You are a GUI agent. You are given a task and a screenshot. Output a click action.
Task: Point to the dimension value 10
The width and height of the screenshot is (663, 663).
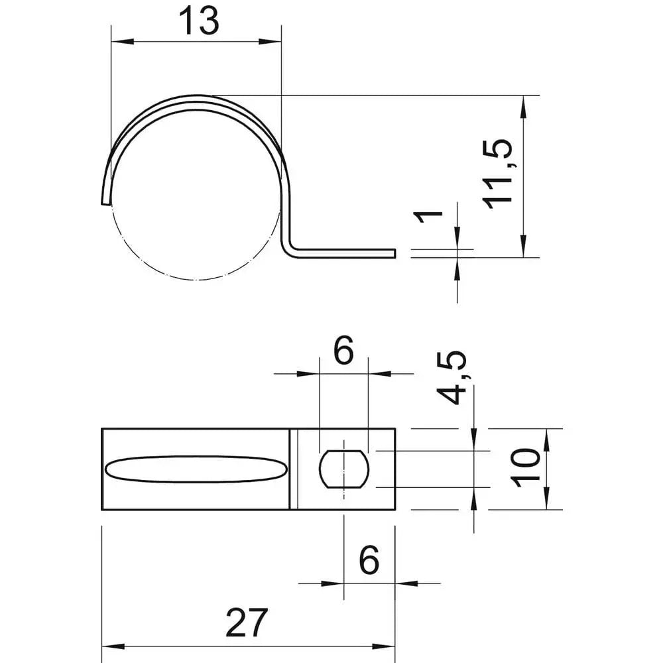527,467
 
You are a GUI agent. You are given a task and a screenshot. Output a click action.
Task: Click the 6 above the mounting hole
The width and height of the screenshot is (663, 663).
343,352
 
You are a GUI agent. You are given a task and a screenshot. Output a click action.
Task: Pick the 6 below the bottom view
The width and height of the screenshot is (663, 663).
369,561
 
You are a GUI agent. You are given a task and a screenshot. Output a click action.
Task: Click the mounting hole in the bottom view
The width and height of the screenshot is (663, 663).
343,469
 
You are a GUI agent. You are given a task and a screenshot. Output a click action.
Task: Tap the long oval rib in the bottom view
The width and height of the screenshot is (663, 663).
196,469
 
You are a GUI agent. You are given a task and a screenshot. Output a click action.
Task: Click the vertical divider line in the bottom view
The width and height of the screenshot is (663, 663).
291,469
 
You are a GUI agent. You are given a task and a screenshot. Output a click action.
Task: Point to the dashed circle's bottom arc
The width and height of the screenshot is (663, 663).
196,279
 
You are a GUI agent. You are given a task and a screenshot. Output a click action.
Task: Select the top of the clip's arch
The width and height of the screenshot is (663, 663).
196,97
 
